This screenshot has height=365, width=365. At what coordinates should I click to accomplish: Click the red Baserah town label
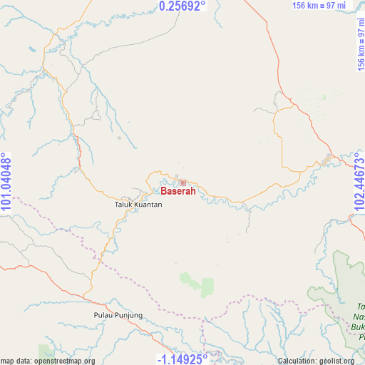click(178, 191)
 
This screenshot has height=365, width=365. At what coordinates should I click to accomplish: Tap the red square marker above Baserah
click(182, 183)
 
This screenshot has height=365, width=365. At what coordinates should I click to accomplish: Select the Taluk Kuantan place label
click(138, 205)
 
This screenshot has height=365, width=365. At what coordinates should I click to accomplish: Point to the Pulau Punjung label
click(118, 315)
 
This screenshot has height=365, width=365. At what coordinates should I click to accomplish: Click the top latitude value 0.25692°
click(182, 6)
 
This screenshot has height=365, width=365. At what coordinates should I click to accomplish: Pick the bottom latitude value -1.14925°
click(182, 358)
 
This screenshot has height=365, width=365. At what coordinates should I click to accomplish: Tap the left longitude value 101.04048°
click(6, 182)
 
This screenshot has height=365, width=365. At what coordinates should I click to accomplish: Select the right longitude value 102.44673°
click(358, 182)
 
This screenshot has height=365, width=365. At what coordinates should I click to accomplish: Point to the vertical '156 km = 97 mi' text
click(359, 43)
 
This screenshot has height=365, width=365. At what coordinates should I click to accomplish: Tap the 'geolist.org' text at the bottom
click(336, 361)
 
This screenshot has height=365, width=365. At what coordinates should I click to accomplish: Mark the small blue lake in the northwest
click(32, 51)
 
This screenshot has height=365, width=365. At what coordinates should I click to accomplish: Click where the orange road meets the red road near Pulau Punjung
click(86, 294)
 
